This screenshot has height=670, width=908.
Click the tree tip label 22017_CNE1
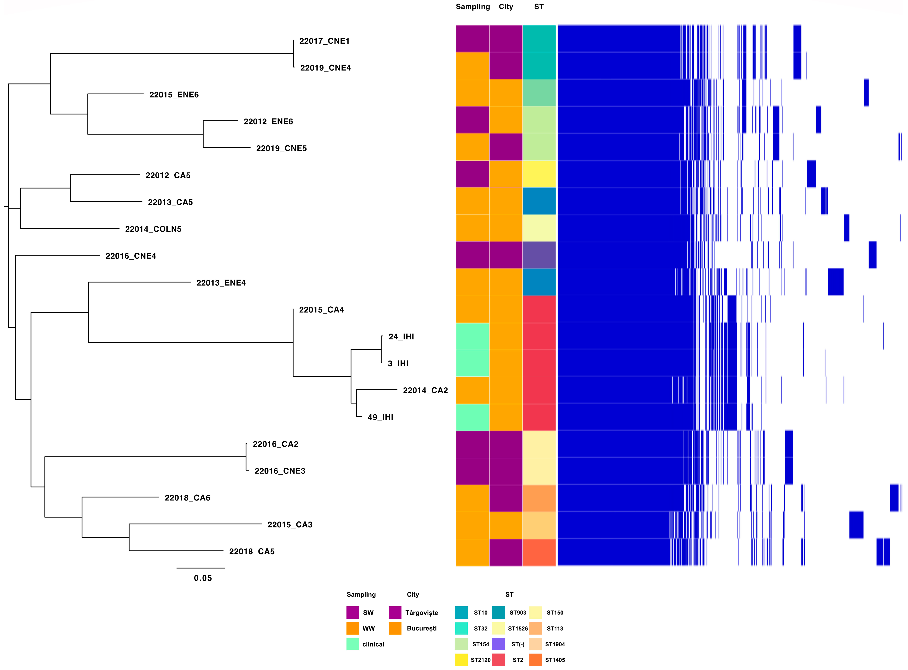pos(324,41)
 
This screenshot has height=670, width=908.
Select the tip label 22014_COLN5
pos(153,229)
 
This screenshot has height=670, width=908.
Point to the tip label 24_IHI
pos(401,337)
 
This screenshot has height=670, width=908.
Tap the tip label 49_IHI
pos(380,417)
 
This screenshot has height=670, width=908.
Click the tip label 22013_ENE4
pos(221,283)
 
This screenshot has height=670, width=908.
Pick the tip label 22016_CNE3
pos(280,471)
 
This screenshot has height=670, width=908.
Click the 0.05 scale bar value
pos(202,578)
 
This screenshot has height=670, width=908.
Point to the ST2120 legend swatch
pos(461,660)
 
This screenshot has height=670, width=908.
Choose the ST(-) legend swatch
pos(498,644)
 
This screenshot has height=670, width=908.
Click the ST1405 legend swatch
pos(535,660)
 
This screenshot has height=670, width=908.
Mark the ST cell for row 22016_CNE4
pos(539,255)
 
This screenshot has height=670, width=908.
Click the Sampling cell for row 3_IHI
pos(473,363)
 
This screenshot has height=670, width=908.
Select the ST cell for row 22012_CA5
pos(539,174)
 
